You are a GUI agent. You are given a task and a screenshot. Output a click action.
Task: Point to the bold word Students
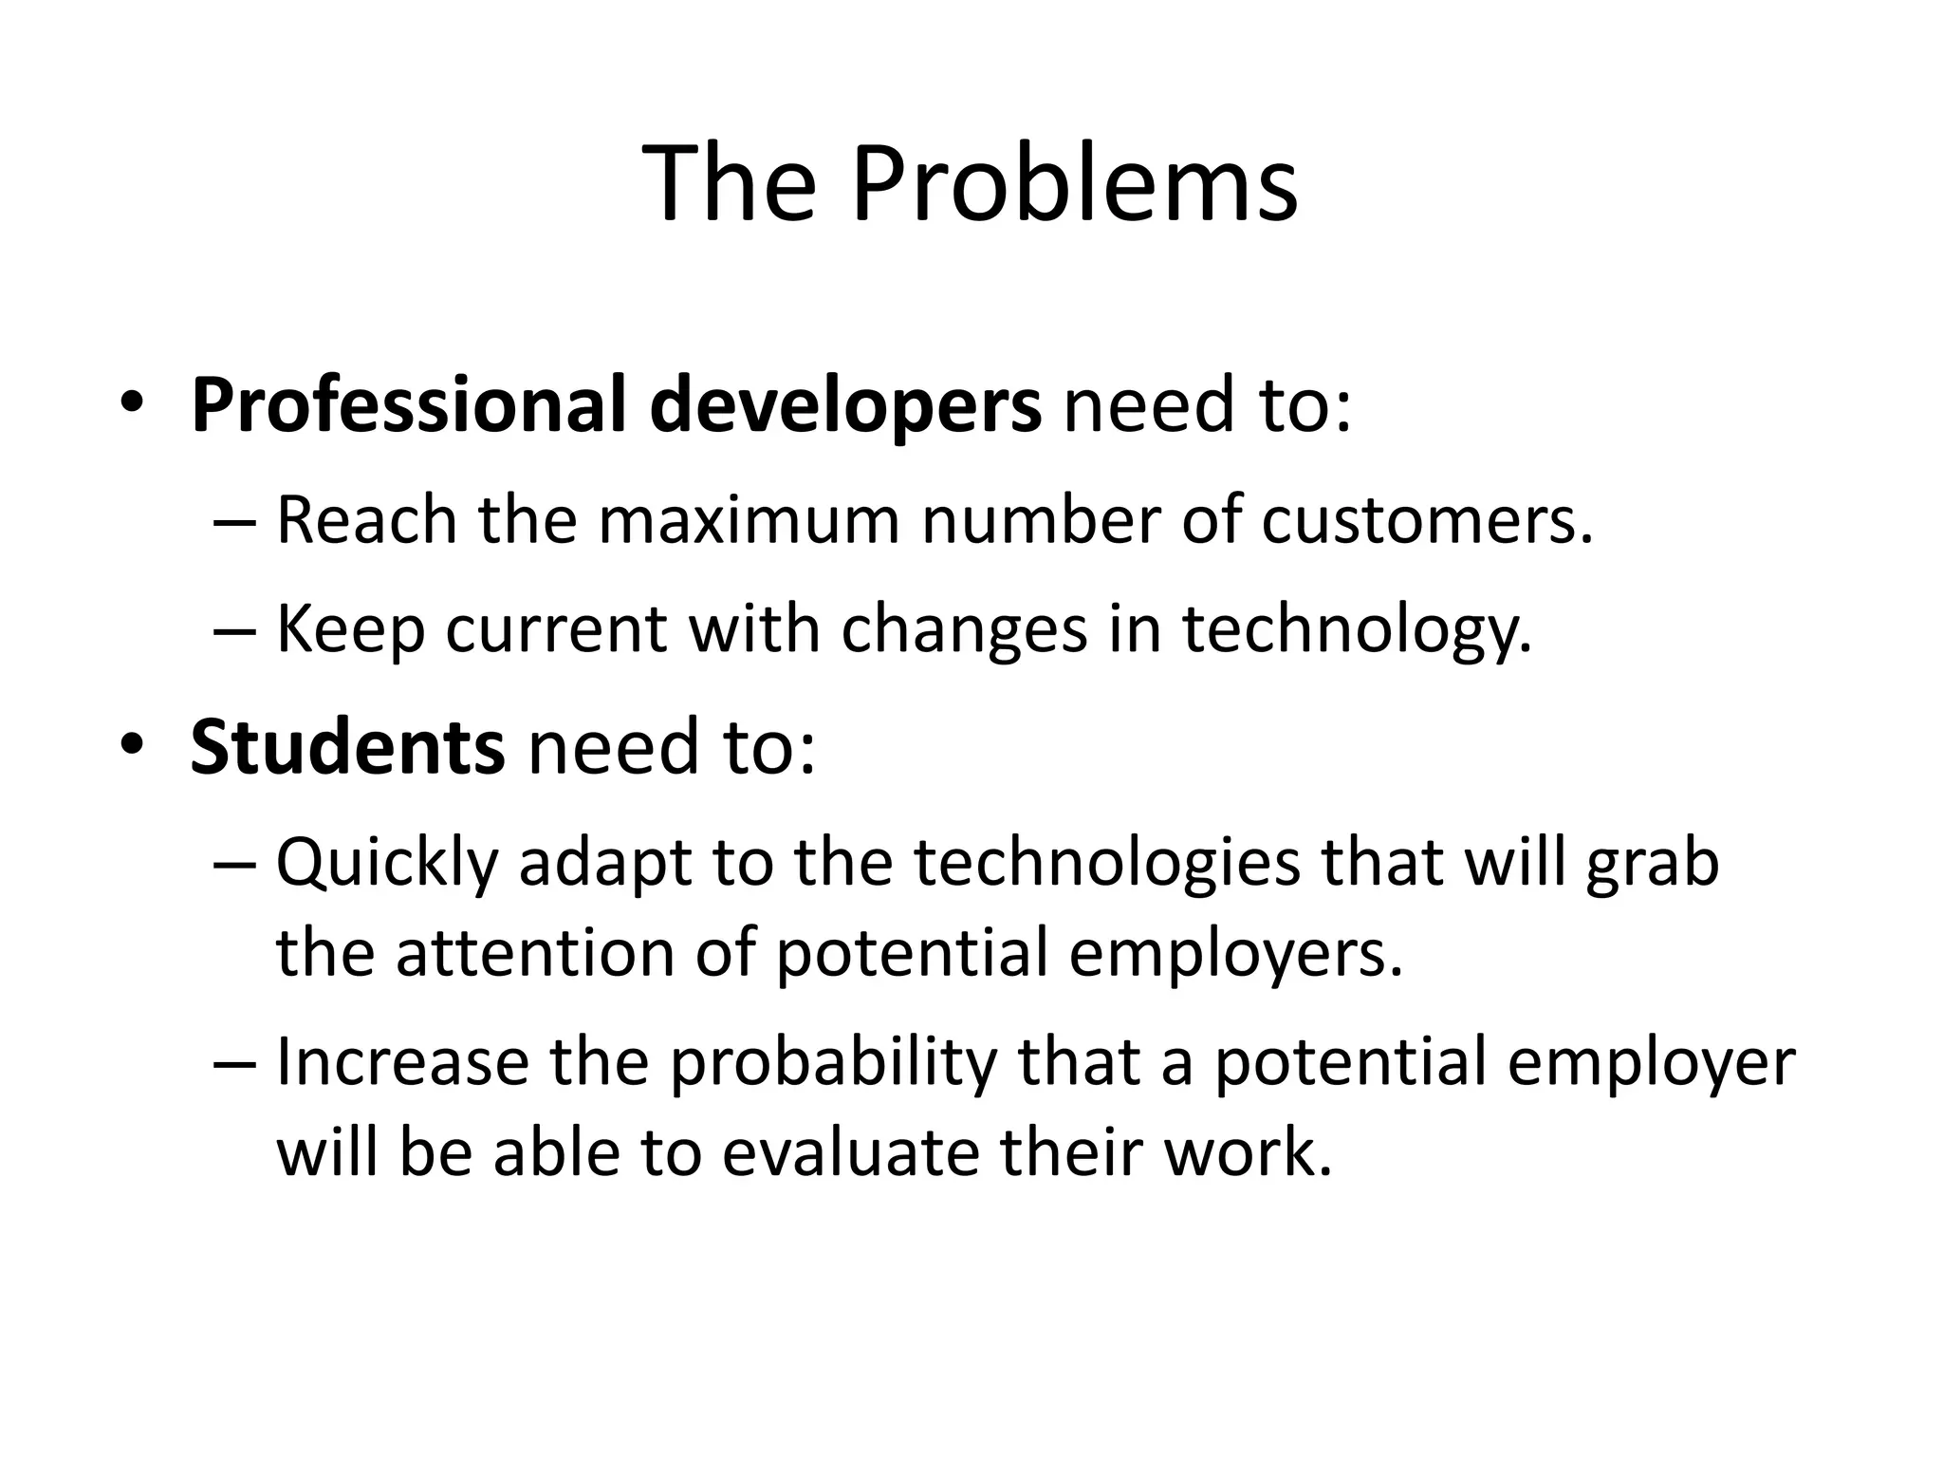(x=347, y=748)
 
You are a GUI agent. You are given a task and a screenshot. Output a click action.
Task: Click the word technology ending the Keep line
(x=1357, y=630)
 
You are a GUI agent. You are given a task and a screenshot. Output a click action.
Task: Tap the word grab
(x=1652, y=864)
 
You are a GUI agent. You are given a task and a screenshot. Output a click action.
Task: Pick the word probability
(x=833, y=1063)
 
